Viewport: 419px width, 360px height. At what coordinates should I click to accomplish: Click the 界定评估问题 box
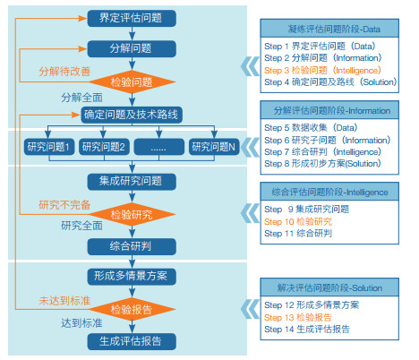pyautogui.click(x=132, y=18)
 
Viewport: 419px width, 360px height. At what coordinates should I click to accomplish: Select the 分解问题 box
pyautogui.click(x=132, y=48)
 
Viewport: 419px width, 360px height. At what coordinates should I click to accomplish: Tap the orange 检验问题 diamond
pyautogui.click(x=133, y=81)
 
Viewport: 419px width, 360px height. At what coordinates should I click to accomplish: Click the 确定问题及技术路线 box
pyautogui.click(x=132, y=115)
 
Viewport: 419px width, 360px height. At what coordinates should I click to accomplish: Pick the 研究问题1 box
pyautogui.click(x=49, y=147)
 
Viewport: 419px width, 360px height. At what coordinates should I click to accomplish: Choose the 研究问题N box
pyautogui.click(x=214, y=147)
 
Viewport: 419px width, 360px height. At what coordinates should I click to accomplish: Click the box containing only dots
pyautogui.click(x=159, y=147)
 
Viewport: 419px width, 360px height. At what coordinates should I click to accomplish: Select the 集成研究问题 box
pyautogui.click(x=132, y=182)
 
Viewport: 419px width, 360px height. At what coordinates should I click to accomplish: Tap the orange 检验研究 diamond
pyautogui.click(x=133, y=214)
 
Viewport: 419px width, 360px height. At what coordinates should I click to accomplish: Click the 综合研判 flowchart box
pyautogui.click(x=132, y=246)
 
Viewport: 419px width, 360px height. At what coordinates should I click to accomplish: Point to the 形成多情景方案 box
pyautogui.click(x=132, y=277)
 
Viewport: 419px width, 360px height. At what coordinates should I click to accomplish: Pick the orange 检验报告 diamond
pyautogui.click(x=133, y=309)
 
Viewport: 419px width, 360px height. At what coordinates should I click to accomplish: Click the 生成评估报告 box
pyautogui.click(x=132, y=341)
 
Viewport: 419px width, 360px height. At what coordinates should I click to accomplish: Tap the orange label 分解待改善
pyautogui.click(x=64, y=72)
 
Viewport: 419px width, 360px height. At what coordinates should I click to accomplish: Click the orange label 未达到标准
pyautogui.click(x=64, y=301)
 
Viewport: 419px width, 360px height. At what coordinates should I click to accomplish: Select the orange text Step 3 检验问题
pyautogui.click(x=322, y=70)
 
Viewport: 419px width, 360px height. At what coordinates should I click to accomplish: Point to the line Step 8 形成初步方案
pyautogui.click(x=322, y=164)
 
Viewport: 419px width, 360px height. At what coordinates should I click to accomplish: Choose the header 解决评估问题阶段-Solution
pyautogui.click(x=329, y=287)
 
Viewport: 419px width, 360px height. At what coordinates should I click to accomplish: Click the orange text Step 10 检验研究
pyautogui.click(x=298, y=221)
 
